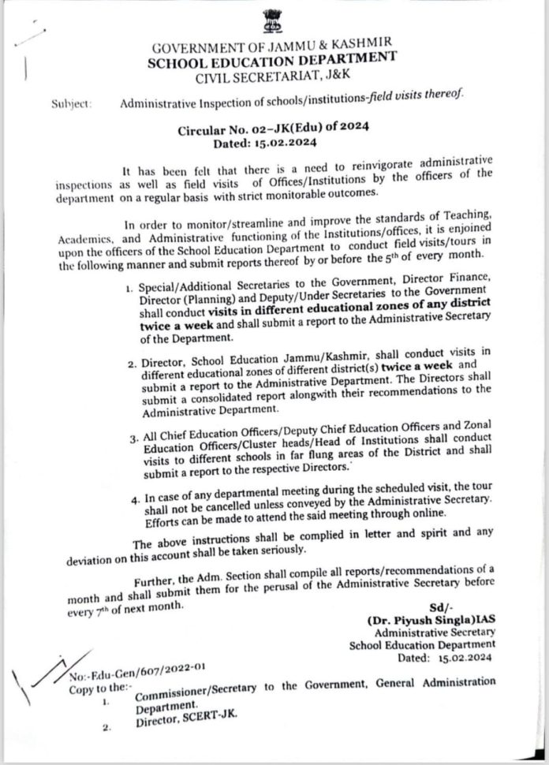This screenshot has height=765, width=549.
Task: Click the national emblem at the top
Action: point(273,21)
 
